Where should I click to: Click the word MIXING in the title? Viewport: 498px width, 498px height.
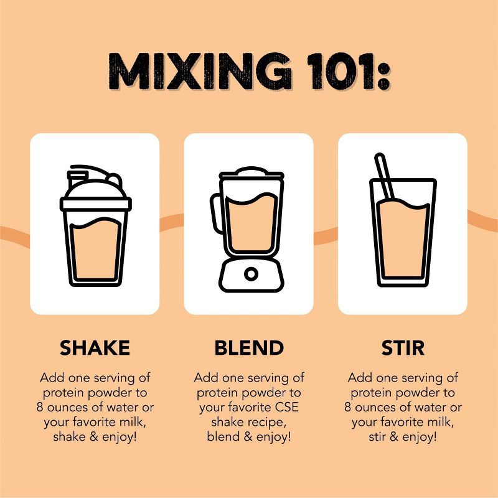coord(199,71)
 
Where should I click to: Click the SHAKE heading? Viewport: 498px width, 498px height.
coord(95,347)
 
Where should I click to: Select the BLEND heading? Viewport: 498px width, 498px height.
coord(249,347)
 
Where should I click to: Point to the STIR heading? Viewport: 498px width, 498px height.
coord(403,347)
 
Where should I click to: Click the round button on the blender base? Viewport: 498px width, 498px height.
coord(251,274)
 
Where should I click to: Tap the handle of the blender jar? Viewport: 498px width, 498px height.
coord(216,214)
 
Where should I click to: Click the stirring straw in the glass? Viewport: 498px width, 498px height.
coord(384,176)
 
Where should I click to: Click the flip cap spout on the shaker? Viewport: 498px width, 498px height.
coord(77,178)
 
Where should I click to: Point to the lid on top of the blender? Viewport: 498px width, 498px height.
coord(251,172)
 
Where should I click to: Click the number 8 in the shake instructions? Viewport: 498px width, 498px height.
coord(39,407)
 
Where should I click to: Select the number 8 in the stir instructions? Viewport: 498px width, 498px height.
coord(347,407)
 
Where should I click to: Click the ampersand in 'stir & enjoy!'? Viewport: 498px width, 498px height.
coord(394,437)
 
